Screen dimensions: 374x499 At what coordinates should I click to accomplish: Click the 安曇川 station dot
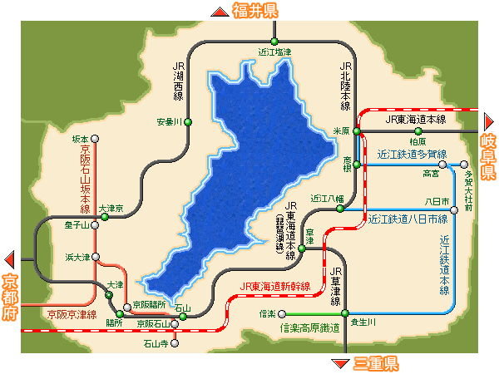tap(188, 122)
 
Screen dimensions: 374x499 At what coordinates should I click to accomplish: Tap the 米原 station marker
tap(356, 131)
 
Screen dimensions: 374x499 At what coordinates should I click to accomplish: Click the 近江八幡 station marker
tap(340, 209)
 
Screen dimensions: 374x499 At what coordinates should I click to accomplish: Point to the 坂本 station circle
tap(96, 139)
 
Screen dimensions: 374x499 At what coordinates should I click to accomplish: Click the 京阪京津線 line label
tap(72, 315)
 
